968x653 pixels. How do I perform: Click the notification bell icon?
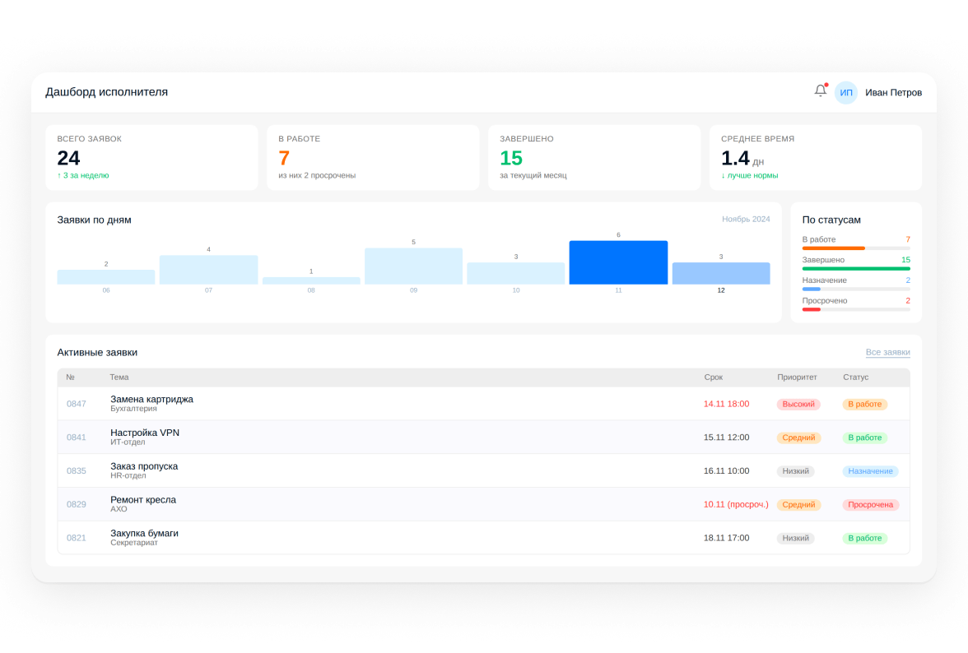click(x=821, y=91)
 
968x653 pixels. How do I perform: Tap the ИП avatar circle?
click(x=846, y=92)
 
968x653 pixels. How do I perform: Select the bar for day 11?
click(x=618, y=262)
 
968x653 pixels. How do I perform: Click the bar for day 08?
click(x=311, y=280)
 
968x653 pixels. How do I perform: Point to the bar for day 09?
click(x=413, y=266)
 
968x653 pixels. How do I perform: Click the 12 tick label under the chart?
click(x=721, y=290)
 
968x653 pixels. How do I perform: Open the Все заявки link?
click(x=887, y=352)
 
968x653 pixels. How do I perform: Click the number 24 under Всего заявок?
click(x=68, y=159)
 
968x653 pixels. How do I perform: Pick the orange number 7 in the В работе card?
click(x=284, y=159)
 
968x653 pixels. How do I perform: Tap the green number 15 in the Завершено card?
click(x=511, y=159)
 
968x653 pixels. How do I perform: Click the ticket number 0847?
click(x=77, y=404)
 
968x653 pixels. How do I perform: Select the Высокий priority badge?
click(x=798, y=405)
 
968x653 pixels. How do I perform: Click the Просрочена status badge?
click(x=871, y=504)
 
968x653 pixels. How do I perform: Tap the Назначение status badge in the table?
click(x=871, y=471)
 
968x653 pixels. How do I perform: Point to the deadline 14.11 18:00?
click(x=727, y=404)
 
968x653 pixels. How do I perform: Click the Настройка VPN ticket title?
click(x=145, y=433)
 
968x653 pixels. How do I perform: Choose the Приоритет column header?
click(x=797, y=377)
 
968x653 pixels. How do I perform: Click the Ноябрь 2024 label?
click(x=746, y=219)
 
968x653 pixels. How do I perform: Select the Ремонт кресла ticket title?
click(x=143, y=500)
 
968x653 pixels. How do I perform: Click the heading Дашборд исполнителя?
click(x=107, y=92)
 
